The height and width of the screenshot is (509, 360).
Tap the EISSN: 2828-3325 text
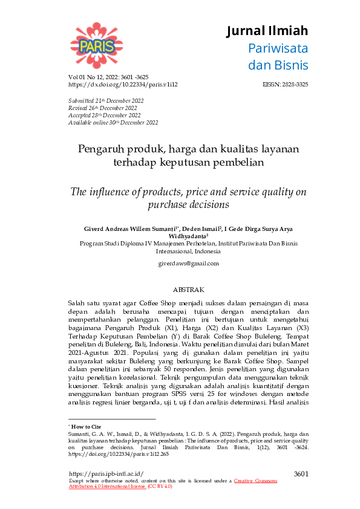pyautogui.click(x=286, y=85)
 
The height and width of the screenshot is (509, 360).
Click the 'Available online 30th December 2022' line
pyautogui.click(x=113, y=123)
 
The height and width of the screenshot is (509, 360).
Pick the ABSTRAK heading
pyautogui.click(x=188, y=290)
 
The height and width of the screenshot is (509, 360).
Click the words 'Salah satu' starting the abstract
pyautogui.click(x=82, y=302)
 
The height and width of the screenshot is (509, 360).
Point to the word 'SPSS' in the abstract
pyautogui.click(x=171, y=378)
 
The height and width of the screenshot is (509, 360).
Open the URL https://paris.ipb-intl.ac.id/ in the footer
pyautogui.click(x=106, y=473)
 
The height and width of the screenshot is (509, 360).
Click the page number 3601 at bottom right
pyautogui.click(x=301, y=473)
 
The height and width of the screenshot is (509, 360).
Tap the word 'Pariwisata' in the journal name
pyautogui.click(x=278, y=48)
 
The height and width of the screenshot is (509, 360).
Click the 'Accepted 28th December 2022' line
pyautogui.click(x=104, y=115)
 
